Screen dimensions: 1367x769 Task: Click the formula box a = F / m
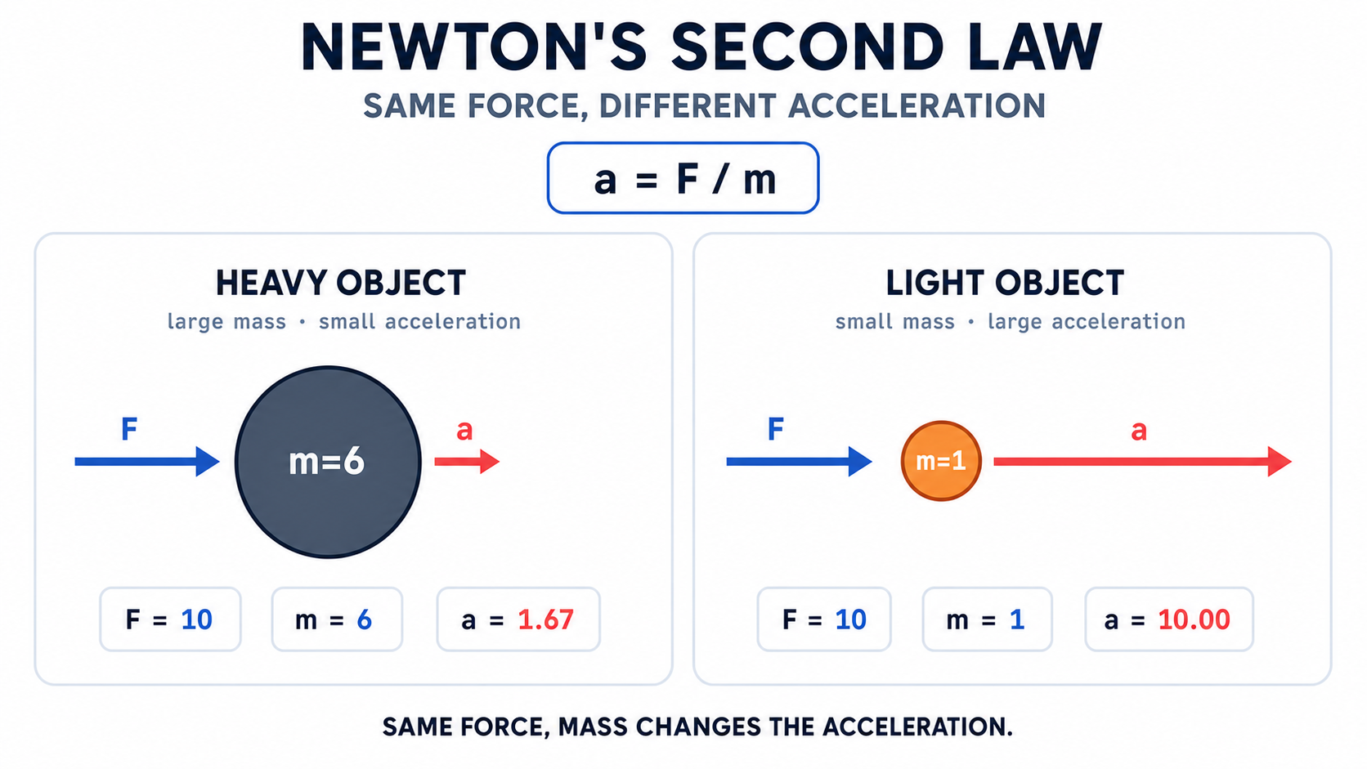683,178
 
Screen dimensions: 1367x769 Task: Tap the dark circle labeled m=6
329,462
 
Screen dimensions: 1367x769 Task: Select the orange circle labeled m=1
941,461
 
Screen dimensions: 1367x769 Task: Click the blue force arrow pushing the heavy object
147,462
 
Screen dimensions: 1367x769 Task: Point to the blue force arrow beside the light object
800,462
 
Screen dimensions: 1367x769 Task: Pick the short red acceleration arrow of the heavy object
467,462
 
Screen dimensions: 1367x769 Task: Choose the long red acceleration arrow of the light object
1142,462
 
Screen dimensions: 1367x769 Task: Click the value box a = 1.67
518,619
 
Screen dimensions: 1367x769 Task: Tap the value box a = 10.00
1169,619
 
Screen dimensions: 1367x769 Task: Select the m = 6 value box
337,619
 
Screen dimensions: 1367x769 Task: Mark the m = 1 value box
988,619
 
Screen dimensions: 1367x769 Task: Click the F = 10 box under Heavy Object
170,619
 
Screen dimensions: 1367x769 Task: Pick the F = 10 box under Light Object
824,619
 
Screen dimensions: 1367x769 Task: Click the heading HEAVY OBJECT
341,284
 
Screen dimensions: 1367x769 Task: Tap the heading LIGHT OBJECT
1005,284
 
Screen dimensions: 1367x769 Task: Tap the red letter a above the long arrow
1139,431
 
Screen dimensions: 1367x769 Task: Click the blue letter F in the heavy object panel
129,429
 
